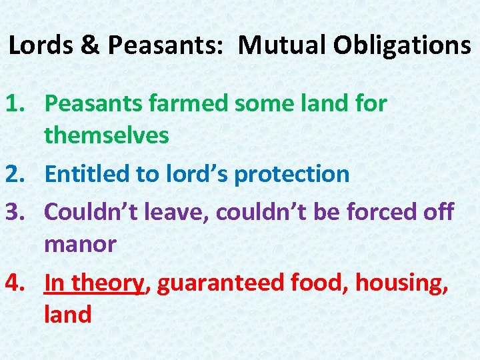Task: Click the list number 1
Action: pyautogui.click(x=17, y=104)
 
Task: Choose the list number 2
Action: pyautogui.click(x=17, y=174)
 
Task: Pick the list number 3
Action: pyautogui.click(x=17, y=212)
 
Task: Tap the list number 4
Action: pyautogui.click(x=17, y=283)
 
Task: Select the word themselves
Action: pyautogui.click(x=107, y=136)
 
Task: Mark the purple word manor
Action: pyautogui.click(x=80, y=245)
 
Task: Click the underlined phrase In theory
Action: pyautogui.click(x=94, y=283)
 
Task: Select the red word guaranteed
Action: pyautogui.click(x=221, y=283)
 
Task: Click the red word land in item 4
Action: pyautogui.click(x=67, y=314)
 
